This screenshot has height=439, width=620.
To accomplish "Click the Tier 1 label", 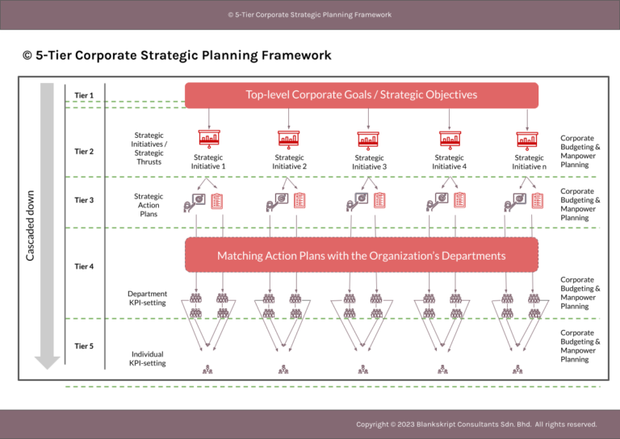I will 84,95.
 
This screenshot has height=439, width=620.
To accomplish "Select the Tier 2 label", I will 84,151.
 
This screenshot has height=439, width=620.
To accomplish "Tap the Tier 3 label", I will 84,200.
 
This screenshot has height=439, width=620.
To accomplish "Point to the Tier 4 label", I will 84,265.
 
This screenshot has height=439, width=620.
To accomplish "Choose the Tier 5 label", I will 84,346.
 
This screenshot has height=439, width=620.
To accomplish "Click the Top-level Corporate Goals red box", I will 361,94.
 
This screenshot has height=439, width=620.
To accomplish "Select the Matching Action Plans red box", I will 361,255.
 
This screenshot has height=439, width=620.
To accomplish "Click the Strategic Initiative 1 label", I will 208,161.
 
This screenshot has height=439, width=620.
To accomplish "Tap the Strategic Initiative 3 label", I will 369,162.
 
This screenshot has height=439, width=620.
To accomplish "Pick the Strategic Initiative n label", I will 529,162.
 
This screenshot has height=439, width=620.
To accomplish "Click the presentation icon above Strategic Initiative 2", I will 289,139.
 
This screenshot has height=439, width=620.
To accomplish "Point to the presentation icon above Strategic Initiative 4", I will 449,139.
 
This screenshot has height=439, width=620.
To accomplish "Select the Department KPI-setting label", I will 148,299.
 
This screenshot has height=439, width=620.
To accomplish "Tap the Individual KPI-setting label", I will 148,358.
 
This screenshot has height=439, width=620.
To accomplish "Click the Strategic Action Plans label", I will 149,205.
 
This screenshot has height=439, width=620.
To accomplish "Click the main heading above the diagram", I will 177,56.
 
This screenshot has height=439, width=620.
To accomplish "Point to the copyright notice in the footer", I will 476,424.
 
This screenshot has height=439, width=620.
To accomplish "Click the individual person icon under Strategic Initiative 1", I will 207,370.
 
